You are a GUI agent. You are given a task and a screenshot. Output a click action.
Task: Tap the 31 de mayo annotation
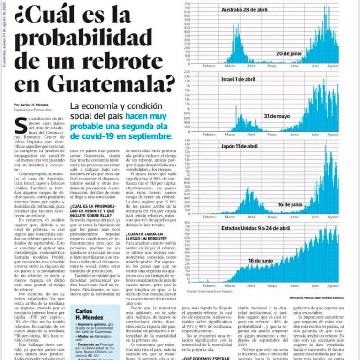click(x=277, y=116)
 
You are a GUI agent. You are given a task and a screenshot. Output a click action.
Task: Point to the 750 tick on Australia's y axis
click(x=187, y=4)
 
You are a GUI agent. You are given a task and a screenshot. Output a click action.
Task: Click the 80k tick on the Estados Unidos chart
click(x=187, y=223)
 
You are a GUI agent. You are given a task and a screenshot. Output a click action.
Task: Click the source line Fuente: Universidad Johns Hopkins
click(x=210, y=291)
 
